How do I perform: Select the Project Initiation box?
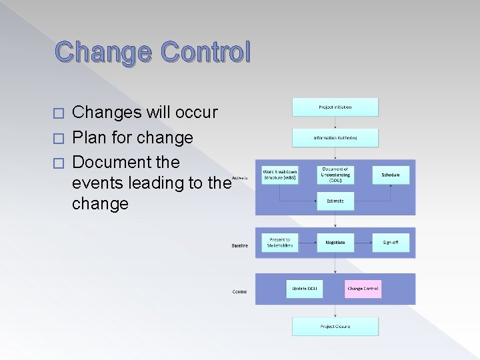tap(335, 107)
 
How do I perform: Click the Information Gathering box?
tap(335, 138)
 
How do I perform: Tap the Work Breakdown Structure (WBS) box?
tap(279, 175)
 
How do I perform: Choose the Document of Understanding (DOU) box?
tap(335, 175)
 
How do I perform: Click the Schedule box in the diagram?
tap(391, 175)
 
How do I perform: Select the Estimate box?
tap(335, 201)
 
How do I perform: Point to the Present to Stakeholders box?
tap(279, 242)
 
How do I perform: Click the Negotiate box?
tap(335, 242)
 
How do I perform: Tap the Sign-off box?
tap(391, 242)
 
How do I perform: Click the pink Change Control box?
tap(363, 289)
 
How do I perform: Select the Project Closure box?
tap(335, 327)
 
